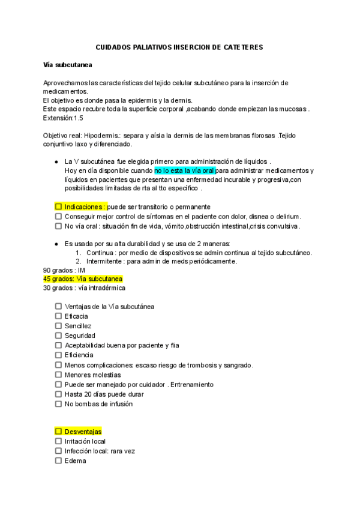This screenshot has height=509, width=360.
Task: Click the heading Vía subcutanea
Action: tap(67, 64)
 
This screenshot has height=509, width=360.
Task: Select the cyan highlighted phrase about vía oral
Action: tap(184, 170)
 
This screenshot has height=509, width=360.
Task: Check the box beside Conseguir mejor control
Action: tap(58, 216)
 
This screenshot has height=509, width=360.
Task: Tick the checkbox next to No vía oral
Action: tap(58, 226)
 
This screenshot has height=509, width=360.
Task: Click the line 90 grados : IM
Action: tap(64, 270)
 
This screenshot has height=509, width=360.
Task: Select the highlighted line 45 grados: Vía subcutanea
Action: tap(83, 279)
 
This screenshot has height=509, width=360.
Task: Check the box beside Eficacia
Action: tap(58, 316)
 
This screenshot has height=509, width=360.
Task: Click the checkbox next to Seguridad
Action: tap(58, 336)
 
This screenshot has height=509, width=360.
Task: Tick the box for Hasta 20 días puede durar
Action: tap(58, 394)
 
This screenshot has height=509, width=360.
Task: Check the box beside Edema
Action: tap(58, 461)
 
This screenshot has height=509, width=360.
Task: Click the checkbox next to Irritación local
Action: tap(58, 441)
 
